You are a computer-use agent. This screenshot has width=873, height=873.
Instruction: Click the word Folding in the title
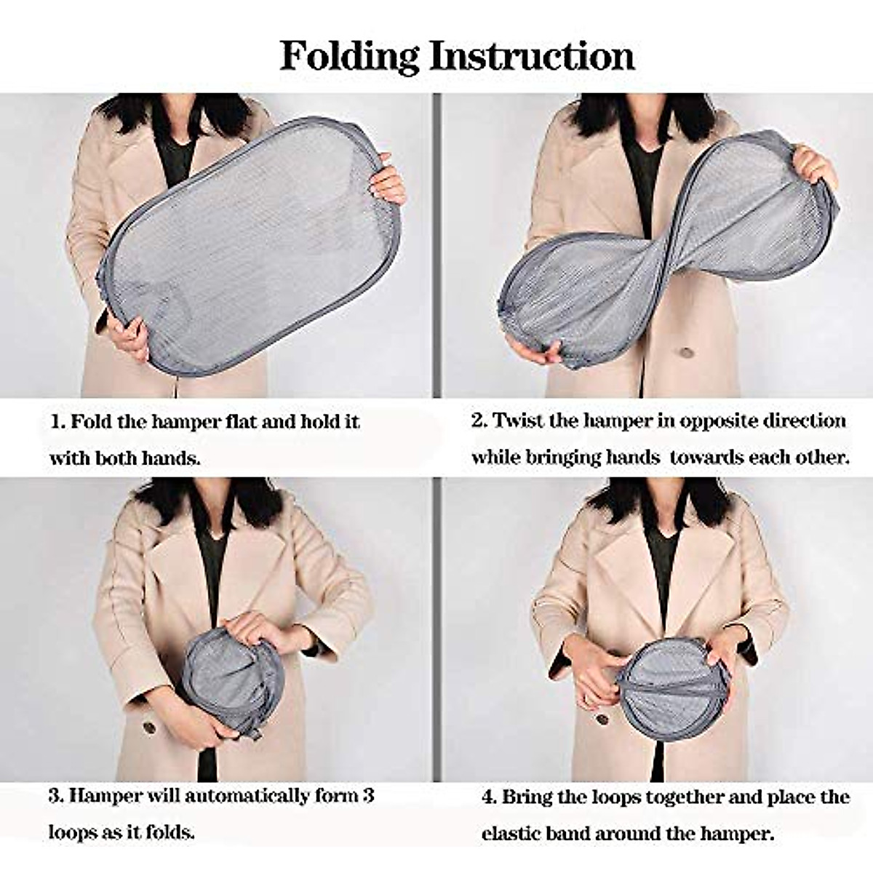point(349,56)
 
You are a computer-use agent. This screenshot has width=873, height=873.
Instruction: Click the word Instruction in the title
point(532,56)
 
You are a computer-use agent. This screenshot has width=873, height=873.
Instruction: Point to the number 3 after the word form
point(368,795)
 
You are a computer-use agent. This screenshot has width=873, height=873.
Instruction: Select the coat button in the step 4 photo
point(602,719)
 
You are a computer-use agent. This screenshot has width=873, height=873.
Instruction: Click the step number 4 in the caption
point(488,797)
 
